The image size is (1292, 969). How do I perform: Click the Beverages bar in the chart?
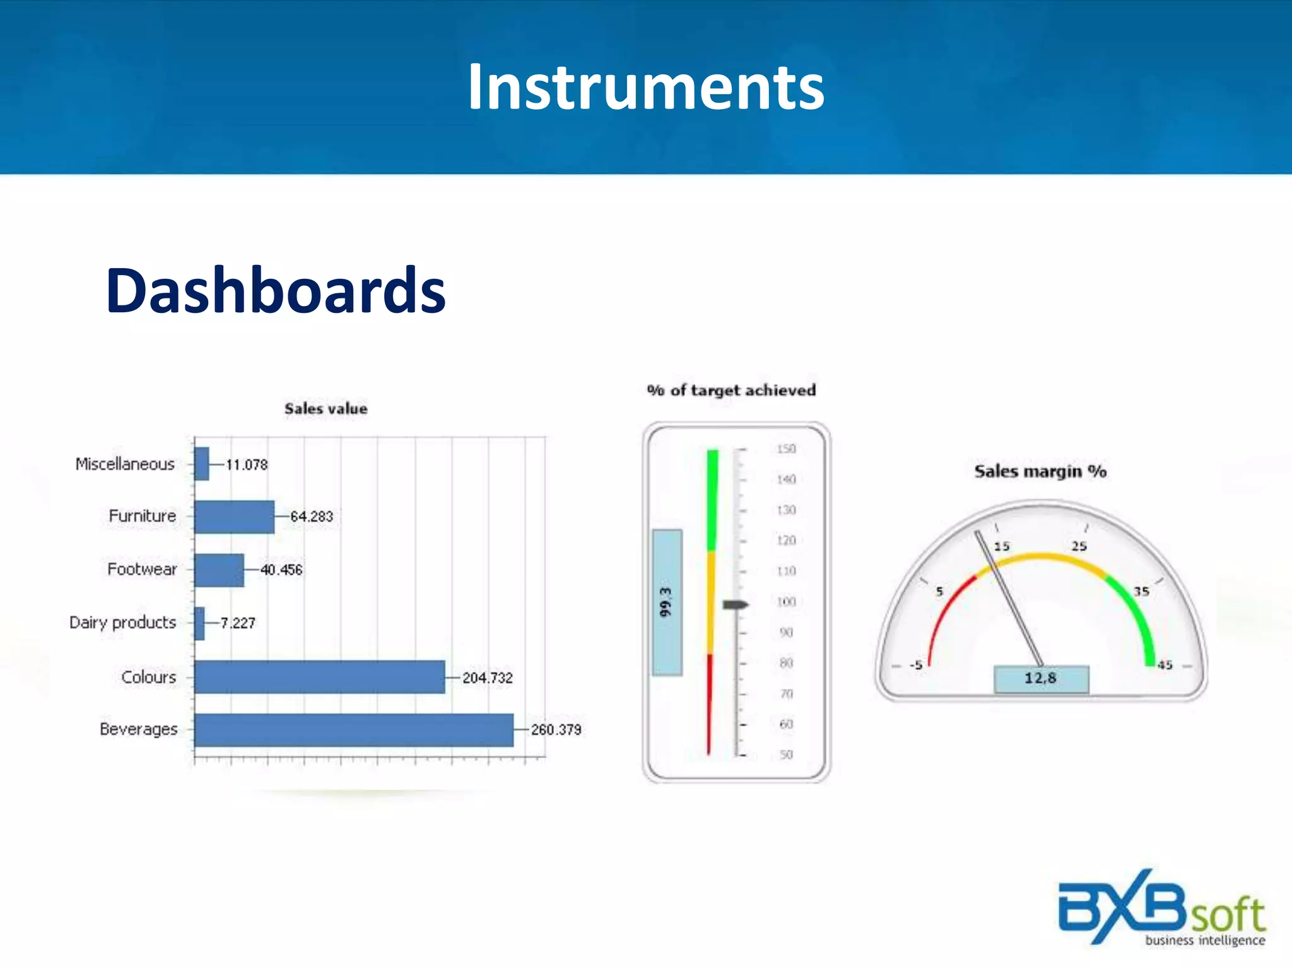(x=353, y=730)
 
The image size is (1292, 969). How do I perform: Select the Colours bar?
(x=319, y=677)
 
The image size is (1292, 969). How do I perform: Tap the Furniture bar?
(x=234, y=517)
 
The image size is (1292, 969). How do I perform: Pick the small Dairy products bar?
(x=199, y=623)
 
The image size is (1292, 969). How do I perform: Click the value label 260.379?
(x=556, y=730)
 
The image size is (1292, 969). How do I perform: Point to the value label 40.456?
(x=281, y=570)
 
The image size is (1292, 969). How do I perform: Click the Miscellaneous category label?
(x=125, y=464)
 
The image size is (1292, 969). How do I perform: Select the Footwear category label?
(x=142, y=570)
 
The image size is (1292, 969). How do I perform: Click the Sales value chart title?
(x=326, y=409)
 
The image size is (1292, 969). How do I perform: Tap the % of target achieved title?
(x=731, y=391)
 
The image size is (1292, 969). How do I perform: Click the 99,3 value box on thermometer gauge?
(x=667, y=602)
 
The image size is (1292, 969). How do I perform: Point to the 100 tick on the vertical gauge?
(x=786, y=602)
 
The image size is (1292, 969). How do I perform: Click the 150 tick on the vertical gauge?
(x=786, y=449)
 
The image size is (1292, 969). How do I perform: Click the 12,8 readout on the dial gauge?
(x=1041, y=679)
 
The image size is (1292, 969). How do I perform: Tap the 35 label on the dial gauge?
(x=1141, y=592)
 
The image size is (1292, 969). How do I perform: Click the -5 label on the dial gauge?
(x=916, y=665)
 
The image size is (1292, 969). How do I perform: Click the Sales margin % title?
(x=1040, y=471)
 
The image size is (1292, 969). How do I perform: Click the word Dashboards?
(x=276, y=291)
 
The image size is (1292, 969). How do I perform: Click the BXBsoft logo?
(x=1161, y=908)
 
